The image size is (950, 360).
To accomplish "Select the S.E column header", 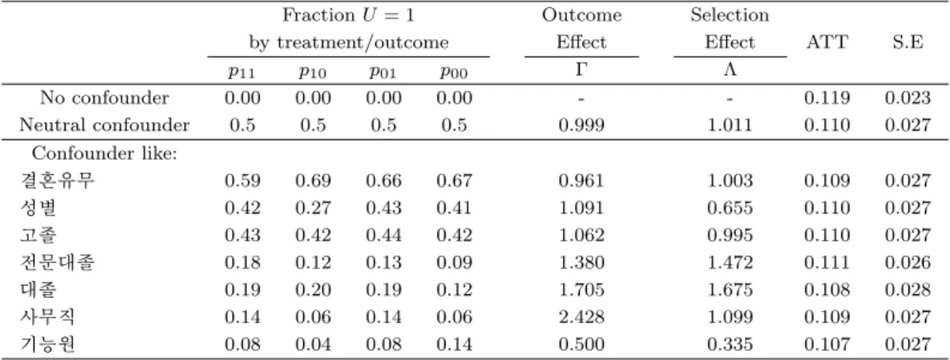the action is [907, 42].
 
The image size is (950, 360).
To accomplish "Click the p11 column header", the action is [242, 74].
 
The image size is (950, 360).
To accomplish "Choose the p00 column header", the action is [454, 74].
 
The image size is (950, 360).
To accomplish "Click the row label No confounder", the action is [104, 98].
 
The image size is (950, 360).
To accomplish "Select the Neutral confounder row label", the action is [104, 126].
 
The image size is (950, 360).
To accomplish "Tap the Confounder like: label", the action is [104, 154].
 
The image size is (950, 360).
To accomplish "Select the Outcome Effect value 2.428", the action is [581, 317].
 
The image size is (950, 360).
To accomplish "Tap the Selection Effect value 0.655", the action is [730, 208].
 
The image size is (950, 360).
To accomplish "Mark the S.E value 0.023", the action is [907, 98].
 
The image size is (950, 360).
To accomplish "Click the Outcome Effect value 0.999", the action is [581, 126].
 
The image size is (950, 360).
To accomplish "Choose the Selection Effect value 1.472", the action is [730, 262].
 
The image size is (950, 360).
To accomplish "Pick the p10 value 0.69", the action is [313, 181].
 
